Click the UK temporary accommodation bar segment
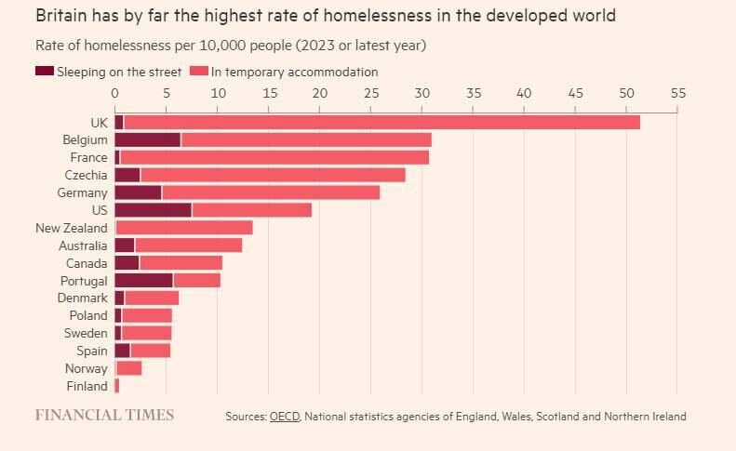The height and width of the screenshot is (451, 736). [x=381, y=122]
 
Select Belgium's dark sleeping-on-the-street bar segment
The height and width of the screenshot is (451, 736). [x=147, y=139]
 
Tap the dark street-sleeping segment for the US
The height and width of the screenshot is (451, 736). [x=153, y=210]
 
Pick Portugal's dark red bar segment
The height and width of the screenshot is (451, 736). [x=143, y=280]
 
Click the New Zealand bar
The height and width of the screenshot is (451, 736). [x=183, y=228]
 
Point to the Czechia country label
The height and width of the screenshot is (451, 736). [x=86, y=175]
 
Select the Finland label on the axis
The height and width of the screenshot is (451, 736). [x=87, y=386]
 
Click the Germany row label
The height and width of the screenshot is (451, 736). [x=83, y=192]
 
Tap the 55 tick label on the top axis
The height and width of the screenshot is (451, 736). [x=676, y=93]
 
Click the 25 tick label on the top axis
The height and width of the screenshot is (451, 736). [x=370, y=93]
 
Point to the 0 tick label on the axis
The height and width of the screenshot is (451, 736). [x=114, y=93]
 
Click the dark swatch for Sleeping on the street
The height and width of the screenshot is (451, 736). [x=45, y=72]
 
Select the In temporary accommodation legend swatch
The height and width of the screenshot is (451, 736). [x=198, y=72]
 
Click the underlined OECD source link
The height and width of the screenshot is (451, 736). [x=284, y=417]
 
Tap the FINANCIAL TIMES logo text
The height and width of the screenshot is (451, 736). [x=104, y=415]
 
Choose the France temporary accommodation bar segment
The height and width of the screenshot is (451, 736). [x=274, y=157]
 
